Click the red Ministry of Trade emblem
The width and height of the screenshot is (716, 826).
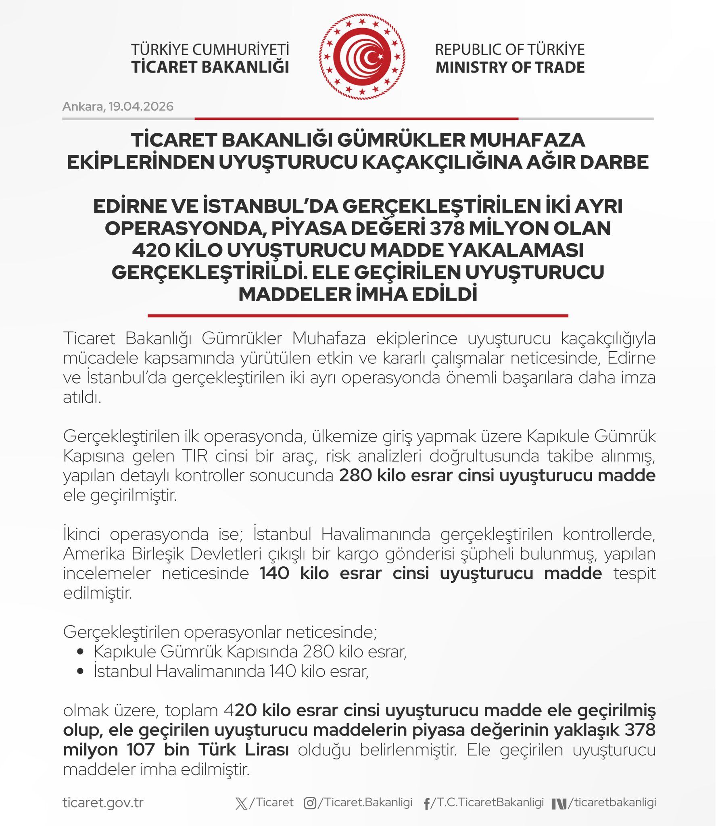(x=362, y=57)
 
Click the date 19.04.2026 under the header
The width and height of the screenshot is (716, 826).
(x=141, y=106)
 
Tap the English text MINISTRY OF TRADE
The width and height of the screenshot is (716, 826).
(x=510, y=67)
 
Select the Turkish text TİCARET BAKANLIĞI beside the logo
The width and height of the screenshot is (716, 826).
(x=210, y=67)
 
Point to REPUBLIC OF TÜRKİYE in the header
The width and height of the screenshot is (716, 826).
(x=510, y=50)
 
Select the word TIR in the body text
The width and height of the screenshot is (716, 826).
(x=194, y=456)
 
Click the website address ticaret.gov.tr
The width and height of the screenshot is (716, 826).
(x=103, y=802)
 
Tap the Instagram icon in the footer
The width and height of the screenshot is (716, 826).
(x=310, y=803)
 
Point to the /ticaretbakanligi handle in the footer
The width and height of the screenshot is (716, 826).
(x=612, y=802)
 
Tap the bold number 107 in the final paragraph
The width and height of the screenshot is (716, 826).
(x=141, y=750)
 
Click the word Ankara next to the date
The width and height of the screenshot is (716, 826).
(x=83, y=106)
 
